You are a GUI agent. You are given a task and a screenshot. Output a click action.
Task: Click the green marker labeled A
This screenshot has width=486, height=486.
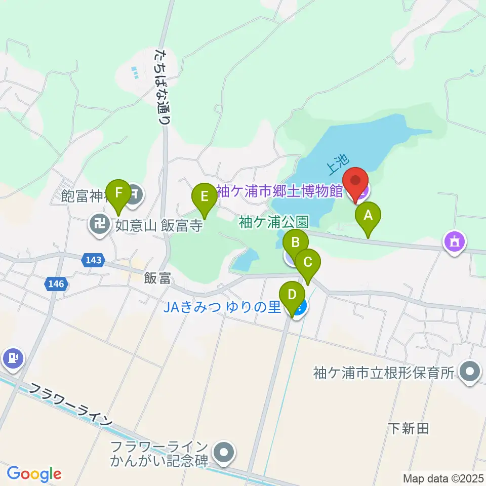368,216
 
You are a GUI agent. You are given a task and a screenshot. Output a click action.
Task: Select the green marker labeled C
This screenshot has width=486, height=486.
308,262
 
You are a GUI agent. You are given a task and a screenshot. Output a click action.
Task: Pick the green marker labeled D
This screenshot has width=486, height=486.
292,294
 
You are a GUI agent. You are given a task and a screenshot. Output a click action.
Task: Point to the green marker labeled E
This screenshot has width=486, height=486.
204,195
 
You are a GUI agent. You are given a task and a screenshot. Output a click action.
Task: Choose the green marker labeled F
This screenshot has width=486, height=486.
118,192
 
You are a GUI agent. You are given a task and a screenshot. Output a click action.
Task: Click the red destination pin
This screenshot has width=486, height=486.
355,181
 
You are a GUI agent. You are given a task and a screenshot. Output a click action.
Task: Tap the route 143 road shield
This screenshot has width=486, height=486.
93,261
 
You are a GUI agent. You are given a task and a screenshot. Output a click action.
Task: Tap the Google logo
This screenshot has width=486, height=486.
34,474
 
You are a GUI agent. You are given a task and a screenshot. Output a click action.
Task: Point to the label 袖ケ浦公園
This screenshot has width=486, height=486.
273,222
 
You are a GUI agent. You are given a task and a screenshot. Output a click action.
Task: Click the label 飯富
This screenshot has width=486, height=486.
157,278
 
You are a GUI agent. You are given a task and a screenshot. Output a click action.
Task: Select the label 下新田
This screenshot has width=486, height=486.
409,429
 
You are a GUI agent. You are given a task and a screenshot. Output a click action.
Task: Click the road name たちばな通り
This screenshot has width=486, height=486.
163,86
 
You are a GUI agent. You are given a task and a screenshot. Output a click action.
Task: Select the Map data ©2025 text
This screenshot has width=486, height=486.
442,477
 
